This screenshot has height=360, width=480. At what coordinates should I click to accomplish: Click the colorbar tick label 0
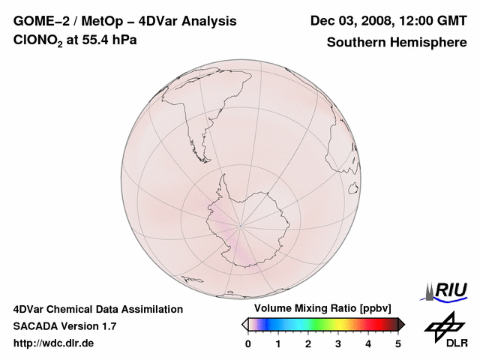click(x=248, y=343)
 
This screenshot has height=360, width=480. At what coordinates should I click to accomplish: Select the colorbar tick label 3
click(x=338, y=343)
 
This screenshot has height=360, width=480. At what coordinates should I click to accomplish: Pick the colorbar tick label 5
click(x=398, y=343)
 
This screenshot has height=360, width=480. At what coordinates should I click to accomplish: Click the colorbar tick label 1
click(x=278, y=343)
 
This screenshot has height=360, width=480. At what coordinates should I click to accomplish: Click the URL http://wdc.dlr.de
click(x=54, y=343)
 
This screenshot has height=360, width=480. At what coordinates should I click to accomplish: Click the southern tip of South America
click(x=201, y=144)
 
